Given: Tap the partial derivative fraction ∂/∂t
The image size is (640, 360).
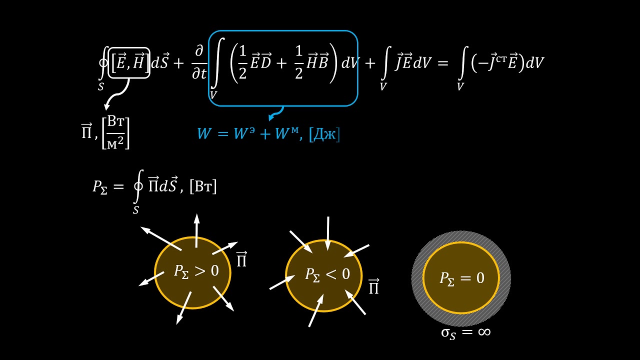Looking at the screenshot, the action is coord(199,62).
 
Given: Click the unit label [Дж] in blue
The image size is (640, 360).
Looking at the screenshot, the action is coord(324,134).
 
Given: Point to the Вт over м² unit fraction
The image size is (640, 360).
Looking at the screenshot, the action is coord(116,133).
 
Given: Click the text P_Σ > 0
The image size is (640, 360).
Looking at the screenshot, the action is coord(196,271).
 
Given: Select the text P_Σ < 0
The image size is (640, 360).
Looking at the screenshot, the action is coord(327,274).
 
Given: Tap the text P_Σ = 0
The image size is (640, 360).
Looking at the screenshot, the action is coord(461,278).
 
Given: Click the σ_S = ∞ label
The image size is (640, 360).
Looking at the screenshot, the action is coord(465,333).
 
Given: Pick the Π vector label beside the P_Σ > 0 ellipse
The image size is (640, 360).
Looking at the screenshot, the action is coord(241,259).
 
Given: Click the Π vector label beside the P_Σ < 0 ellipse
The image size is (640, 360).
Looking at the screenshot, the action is coord(373,286).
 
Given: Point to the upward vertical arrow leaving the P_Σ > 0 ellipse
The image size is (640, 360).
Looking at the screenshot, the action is coord(196,230).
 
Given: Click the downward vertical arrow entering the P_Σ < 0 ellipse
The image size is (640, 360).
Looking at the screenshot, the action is coord(328,233).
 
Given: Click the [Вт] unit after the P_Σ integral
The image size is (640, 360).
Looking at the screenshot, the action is coord(203,186).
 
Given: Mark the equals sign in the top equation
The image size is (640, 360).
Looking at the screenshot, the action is coord(443,63).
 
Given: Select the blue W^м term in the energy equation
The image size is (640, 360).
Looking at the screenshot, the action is coord(287,133).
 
